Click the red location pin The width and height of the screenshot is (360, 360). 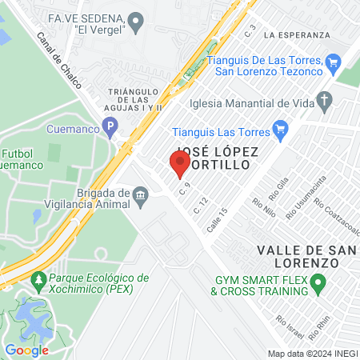[x=180, y=163]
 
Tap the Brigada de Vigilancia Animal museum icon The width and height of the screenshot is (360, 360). [x=141, y=195]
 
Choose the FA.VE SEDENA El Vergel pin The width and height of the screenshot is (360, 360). [x=135, y=19]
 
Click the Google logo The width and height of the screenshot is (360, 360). [x=26, y=350]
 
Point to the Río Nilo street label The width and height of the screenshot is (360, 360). [x=263, y=207]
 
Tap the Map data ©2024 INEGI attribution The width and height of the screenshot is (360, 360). [x=312, y=353]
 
